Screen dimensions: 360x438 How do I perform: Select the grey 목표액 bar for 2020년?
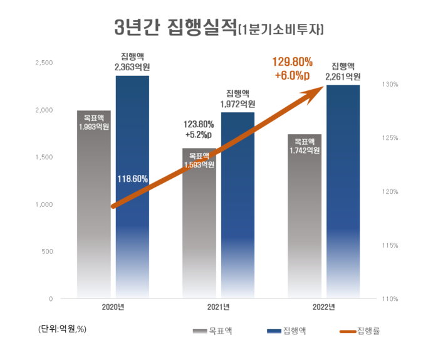coord(93,213)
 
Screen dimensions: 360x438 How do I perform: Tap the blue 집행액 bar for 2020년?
coord(132,238)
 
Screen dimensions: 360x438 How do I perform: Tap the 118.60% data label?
coord(133,179)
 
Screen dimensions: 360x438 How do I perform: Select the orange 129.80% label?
coord(293,62)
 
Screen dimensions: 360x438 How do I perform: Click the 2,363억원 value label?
coord(132,65)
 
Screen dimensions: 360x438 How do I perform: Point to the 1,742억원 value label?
coord(305,150)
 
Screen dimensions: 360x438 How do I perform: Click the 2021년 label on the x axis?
coord(218,307)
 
